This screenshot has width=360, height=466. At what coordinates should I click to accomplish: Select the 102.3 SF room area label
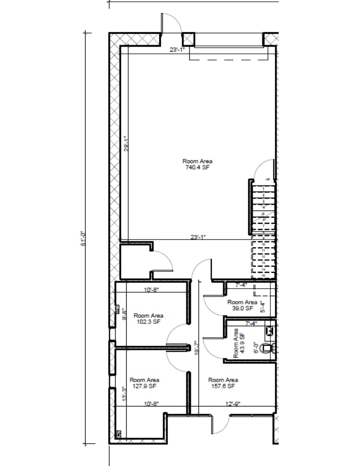coord(148,319)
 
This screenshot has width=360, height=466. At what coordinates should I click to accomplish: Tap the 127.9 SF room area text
coord(144,383)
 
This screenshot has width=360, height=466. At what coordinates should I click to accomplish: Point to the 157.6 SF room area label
coord(223,383)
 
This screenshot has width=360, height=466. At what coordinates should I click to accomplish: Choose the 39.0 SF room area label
coord(242,305)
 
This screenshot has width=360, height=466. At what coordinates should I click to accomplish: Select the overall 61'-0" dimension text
coord(82,238)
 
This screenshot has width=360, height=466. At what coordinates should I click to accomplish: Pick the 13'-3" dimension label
coord(124,393)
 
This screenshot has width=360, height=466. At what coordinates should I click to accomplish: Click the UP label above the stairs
coord(267,179)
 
